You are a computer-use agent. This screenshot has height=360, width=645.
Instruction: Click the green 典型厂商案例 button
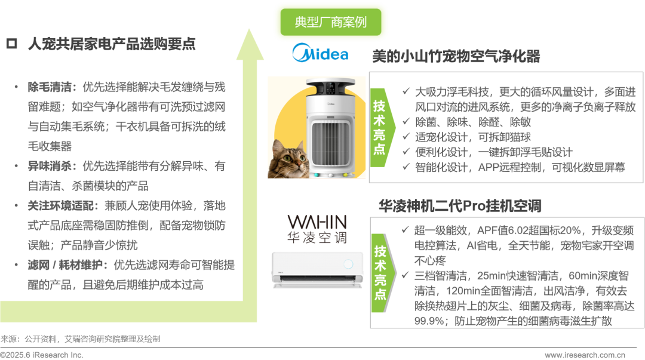[x=331, y=22]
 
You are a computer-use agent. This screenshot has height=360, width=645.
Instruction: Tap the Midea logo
[x=321, y=53]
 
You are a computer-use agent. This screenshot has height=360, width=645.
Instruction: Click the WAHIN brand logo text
[x=317, y=222]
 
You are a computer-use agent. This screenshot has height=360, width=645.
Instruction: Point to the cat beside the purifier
[x=288, y=159]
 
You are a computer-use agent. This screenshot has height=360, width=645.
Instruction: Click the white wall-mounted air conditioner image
[x=317, y=269]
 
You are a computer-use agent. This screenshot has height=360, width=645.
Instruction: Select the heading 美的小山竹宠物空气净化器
[x=456, y=56]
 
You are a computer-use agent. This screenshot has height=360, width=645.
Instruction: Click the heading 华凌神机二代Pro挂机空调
[x=460, y=206]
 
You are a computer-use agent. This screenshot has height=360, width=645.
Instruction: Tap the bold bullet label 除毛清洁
[x=50, y=87]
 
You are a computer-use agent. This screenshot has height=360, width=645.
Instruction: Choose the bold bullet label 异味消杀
[x=50, y=166]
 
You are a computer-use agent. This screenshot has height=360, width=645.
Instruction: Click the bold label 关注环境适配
[x=60, y=206]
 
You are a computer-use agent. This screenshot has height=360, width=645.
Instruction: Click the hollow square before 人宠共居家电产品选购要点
[x=11, y=44]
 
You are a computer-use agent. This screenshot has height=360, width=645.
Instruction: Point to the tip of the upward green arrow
[x=249, y=29]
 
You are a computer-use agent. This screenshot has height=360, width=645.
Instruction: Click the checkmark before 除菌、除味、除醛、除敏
[x=406, y=121]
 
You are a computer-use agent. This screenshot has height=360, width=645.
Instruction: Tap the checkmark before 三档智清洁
[x=405, y=275]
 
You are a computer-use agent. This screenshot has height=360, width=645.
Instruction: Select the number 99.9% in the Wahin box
[x=428, y=321]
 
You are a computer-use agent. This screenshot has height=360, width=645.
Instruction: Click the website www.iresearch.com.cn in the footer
[x=585, y=355]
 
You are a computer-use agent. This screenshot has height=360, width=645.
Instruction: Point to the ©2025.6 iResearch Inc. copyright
[x=42, y=355]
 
